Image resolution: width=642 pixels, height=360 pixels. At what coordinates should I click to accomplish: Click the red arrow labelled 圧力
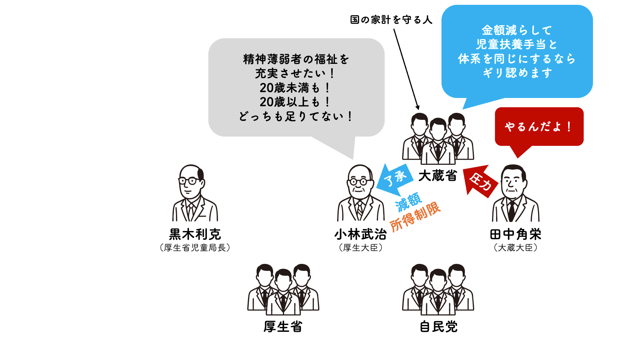click(481, 181)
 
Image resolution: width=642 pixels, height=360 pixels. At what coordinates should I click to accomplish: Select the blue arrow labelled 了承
click(395, 180)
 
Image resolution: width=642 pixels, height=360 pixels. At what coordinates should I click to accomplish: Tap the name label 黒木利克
click(195, 234)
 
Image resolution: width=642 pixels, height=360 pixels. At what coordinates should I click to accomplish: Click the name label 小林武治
click(361, 234)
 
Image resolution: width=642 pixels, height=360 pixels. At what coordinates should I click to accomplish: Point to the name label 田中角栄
click(516, 234)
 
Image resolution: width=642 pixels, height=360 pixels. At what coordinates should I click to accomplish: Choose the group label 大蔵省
click(438, 176)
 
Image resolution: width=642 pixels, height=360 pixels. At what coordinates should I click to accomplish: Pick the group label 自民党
click(439, 327)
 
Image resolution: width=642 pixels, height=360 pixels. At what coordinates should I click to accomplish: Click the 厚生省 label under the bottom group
click(283, 327)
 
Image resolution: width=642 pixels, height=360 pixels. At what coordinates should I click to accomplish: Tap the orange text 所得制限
click(415, 216)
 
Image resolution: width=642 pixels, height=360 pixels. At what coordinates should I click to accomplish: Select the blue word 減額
click(408, 202)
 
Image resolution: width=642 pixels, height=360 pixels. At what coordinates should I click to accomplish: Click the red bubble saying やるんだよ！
click(539, 127)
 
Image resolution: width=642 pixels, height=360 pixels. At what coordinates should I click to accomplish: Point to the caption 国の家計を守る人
click(391, 20)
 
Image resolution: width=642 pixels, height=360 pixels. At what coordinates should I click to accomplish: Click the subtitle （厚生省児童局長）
click(195, 248)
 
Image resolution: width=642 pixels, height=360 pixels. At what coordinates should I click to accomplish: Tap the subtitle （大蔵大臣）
click(516, 248)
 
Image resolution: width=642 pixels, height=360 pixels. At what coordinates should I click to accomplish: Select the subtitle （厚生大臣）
click(361, 248)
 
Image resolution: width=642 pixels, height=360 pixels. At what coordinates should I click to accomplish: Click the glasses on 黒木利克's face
click(189, 181)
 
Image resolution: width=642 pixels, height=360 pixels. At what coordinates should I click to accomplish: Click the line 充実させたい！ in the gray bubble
click(296, 73)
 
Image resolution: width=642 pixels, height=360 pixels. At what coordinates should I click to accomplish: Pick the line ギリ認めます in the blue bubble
click(517, 73)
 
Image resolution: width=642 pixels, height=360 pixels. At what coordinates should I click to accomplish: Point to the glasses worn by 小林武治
click(359, 182)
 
